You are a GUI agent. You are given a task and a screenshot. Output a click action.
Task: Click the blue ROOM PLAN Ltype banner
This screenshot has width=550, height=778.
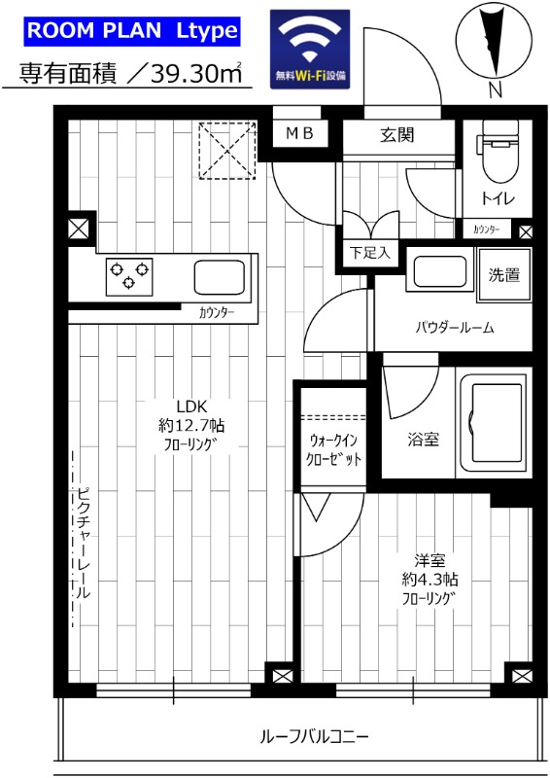pos(131,30)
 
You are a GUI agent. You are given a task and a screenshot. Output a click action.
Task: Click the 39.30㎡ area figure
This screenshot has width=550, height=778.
pos(189,72)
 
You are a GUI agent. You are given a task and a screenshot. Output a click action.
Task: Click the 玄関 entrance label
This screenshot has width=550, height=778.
pos(397,134)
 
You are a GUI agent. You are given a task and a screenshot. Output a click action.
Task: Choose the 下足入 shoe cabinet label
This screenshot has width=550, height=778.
pos(369,253)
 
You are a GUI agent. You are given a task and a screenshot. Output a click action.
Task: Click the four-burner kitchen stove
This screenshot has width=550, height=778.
pos(128,275)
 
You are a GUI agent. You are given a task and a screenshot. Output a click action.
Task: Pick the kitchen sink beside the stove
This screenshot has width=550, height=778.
pos(222,275)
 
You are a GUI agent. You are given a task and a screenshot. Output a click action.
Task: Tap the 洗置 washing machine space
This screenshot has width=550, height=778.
pos(503,276)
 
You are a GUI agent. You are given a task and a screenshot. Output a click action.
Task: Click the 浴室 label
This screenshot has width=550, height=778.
pos(423,440)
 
